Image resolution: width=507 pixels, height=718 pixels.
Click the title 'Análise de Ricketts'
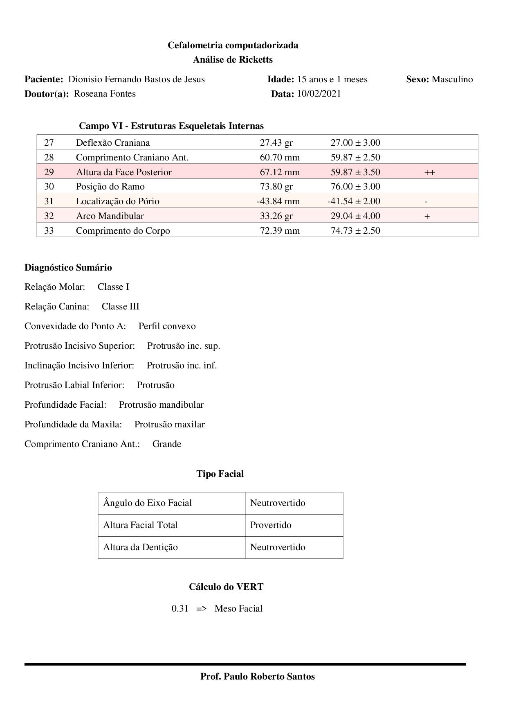(x=233, y=60)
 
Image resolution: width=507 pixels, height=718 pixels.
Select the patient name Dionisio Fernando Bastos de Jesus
(x=136, y=79)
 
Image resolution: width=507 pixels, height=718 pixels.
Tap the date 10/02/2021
(x=319, y=94)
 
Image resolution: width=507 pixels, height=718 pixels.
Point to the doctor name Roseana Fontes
(x=105, y=94)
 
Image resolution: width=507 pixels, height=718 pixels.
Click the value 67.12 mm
(x=280, y=172)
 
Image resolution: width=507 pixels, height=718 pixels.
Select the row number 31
(x=49, y=201)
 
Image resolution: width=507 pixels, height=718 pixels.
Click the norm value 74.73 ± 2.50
(x=355, y=231)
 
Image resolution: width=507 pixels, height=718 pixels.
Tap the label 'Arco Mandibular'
(x=110, y=216)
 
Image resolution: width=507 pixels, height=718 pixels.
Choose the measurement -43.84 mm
(x=278, y=201)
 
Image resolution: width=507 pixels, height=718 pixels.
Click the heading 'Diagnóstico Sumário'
(x=68, y=268)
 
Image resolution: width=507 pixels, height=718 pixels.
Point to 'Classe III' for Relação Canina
(x=121, y=307)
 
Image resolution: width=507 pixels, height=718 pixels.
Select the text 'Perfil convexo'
(x=167, y=326)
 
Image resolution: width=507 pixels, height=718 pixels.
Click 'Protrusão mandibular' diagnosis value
(x=161, y=405)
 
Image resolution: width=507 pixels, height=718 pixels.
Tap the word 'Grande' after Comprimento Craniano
(x=167, y=444)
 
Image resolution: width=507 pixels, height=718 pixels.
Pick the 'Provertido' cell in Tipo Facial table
(x=271, y=525)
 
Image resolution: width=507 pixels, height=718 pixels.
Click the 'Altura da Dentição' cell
(x=140, y=547)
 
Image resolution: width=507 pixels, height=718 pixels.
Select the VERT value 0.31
(x=180, y=609)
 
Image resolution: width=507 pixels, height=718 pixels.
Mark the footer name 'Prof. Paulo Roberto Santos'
(x=258, y=677)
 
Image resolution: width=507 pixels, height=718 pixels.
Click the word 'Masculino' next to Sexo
(x=452, y=79)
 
